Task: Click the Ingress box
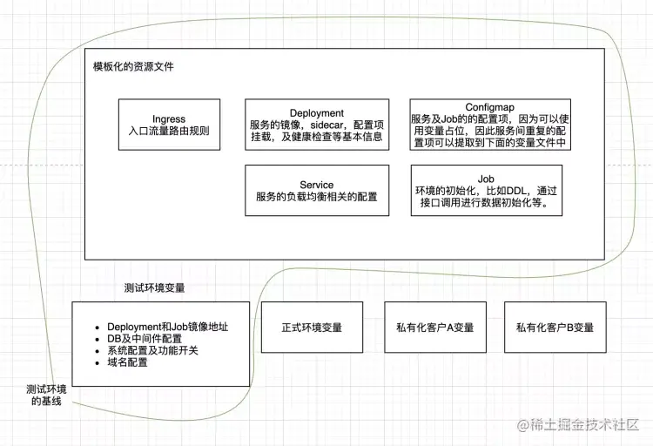pos(169,125)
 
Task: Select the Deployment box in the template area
pos(317,125)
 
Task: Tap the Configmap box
pos(489,125)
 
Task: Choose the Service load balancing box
pos(317,191)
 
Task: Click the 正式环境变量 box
pos(312,328)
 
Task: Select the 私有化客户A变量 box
pos(434,328)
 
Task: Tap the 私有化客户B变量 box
pos(555,328)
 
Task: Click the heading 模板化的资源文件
pos(133,67)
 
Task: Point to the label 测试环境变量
pos(155,288)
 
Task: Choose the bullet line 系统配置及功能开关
pos(152,350)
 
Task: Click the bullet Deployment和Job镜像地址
pos(167,327)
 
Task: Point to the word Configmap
pos(489,107)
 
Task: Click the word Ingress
pos(169,119)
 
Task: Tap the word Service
pos(317,185)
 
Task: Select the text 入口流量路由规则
pos(169,132)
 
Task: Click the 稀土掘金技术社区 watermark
pos(579,425)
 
